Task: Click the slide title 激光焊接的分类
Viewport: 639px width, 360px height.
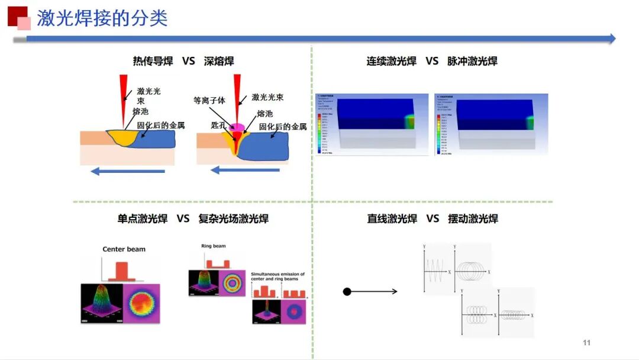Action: tap(102, 18)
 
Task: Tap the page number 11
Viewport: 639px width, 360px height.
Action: tap(587, 343)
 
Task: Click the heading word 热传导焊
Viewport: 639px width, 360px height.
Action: tap(153, 61)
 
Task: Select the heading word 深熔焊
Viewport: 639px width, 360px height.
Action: tap(219, 61)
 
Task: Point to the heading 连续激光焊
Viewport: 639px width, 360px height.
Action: tap(392, 61)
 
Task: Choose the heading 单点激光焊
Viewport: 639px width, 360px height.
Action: tap(143, 218)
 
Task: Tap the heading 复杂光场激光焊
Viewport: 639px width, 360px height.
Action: tap(234, 218)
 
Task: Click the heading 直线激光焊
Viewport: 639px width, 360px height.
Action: tap(392, 218)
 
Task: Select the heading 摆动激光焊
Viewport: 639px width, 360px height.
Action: tap(473, 218)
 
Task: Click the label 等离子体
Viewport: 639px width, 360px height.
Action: tap(209, 101)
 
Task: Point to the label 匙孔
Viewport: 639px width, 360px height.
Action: tap(220, 125)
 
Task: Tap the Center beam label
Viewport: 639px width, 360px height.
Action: tap(124, 249)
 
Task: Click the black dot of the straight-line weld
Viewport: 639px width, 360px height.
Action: tap(347, 291)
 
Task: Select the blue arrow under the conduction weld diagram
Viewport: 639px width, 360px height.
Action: tap(128, 172)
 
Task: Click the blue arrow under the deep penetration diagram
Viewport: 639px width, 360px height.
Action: tap(245, 171)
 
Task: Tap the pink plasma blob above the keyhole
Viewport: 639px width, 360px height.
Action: tap(238, 127)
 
